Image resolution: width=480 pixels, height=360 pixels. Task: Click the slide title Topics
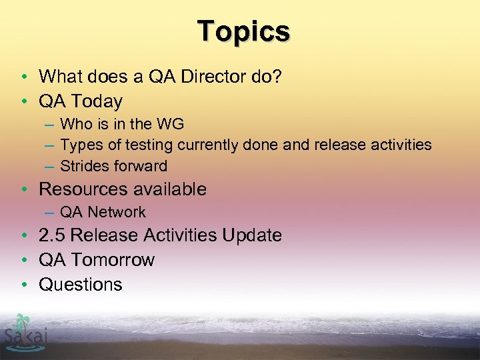point(243,31)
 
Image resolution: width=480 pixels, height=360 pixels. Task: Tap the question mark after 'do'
point(277,77)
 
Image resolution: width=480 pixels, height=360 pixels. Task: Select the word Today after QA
point(97,101)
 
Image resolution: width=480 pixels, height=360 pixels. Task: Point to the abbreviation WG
point(170,123)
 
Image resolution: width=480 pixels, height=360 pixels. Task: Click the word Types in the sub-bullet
point(79,145)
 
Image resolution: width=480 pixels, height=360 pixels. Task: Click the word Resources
point(82,189)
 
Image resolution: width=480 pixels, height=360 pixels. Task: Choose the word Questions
point(81,284)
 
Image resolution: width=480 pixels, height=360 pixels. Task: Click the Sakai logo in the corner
point(25,331)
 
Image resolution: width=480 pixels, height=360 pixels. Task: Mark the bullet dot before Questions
point(23,285)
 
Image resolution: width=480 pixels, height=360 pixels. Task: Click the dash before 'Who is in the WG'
point(51,124)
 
